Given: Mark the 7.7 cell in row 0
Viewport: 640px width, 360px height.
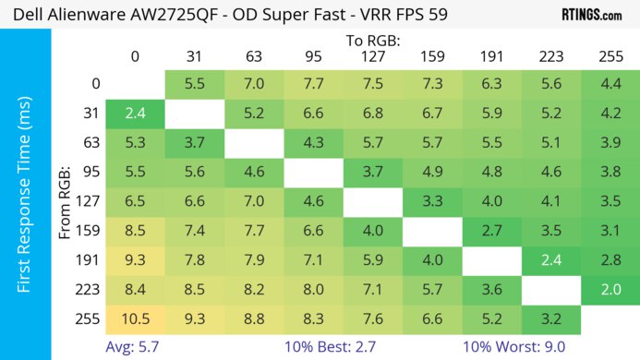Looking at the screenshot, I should [x=313, y=83].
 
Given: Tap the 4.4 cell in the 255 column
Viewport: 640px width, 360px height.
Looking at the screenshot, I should [x=610, y=83].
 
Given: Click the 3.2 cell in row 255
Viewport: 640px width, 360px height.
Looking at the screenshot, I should [x=550, y=319].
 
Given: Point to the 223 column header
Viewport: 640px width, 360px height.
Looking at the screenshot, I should [x=550, y=57].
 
